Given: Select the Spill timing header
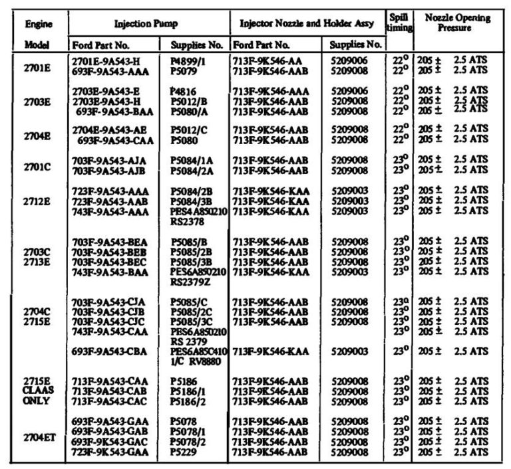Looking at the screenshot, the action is (399, 22).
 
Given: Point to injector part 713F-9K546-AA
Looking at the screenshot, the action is (271, 60).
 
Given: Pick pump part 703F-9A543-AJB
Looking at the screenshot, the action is (108, 170).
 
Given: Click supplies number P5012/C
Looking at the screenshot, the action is (189, 130).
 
